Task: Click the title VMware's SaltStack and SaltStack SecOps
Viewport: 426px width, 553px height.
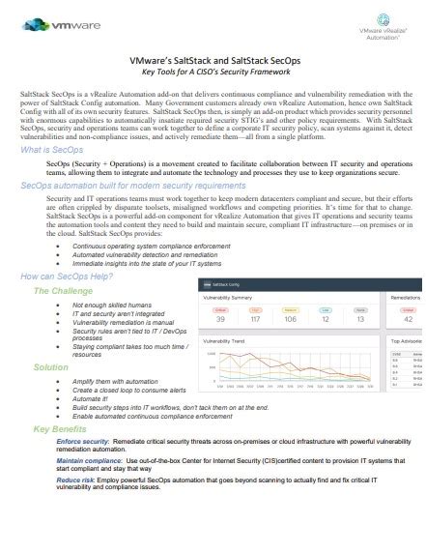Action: [x=212, y=59]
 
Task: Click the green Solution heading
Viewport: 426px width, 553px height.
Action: [x=50, y=368]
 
